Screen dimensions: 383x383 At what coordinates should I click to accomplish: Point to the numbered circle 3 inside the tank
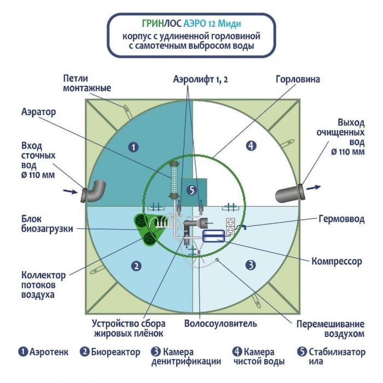[x=251, y=265]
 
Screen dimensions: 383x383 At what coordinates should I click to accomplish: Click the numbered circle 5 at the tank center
[x=190, y=190]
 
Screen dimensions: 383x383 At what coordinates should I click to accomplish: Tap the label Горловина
[x=298, y=79]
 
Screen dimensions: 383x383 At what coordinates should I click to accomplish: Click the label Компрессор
[x=336, y=262]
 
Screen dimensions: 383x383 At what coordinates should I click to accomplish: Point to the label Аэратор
[x=39, y=111]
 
